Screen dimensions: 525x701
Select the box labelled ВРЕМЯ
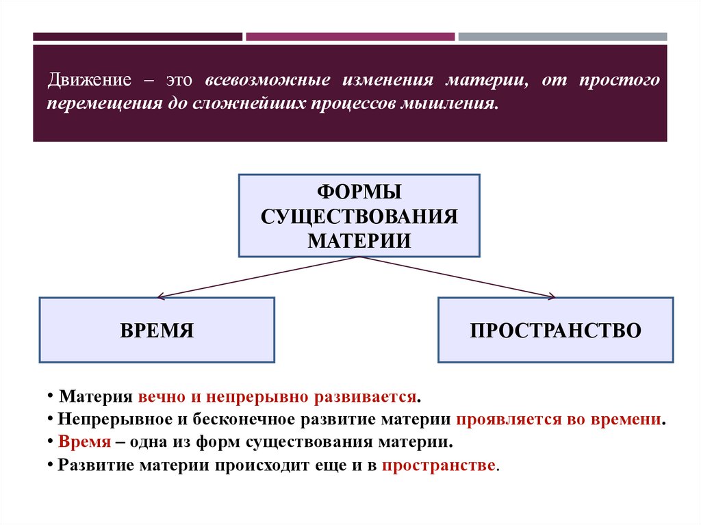157,330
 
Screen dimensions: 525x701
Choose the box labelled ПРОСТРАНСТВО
555,330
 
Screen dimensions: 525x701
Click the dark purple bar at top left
137,36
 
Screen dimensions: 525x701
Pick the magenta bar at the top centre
350,36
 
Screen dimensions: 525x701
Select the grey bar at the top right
562,36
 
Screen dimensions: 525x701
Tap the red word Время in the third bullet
84,441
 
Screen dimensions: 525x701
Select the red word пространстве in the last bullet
439,465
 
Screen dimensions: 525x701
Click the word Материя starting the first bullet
95,398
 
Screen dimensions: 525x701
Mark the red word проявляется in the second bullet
502,420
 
